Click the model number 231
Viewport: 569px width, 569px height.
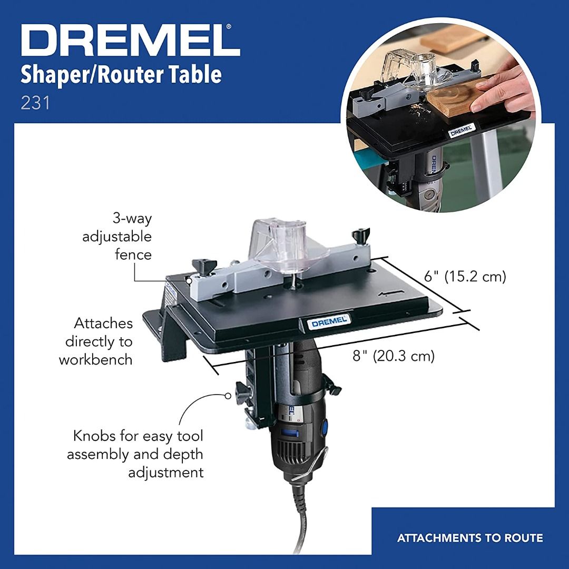tap(35, 102)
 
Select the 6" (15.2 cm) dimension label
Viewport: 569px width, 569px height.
tap(465, 277)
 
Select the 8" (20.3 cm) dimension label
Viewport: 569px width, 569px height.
tap(394, 356)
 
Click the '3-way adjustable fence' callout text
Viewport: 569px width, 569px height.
tap(117, 237)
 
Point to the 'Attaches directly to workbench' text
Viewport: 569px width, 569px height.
tap(96, 341)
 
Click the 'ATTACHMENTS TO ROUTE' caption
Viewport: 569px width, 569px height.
tap(470, 538)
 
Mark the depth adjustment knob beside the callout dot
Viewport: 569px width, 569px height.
tap(242, 391)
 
